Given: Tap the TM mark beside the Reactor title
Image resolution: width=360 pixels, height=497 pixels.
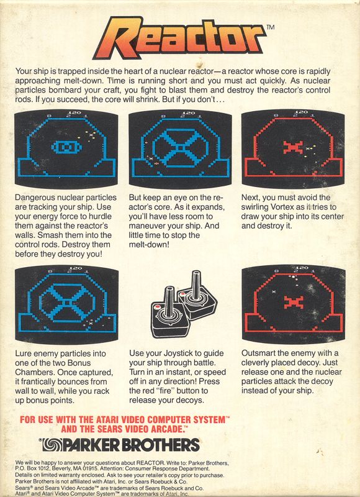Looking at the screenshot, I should point(270,28).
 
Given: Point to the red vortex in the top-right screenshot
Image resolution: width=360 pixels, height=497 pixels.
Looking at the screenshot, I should point(292,147).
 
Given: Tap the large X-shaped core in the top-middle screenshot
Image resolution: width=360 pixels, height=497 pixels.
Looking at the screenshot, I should point(179,149).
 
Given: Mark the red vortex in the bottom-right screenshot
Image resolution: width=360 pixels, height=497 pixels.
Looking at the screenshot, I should point(292,303).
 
